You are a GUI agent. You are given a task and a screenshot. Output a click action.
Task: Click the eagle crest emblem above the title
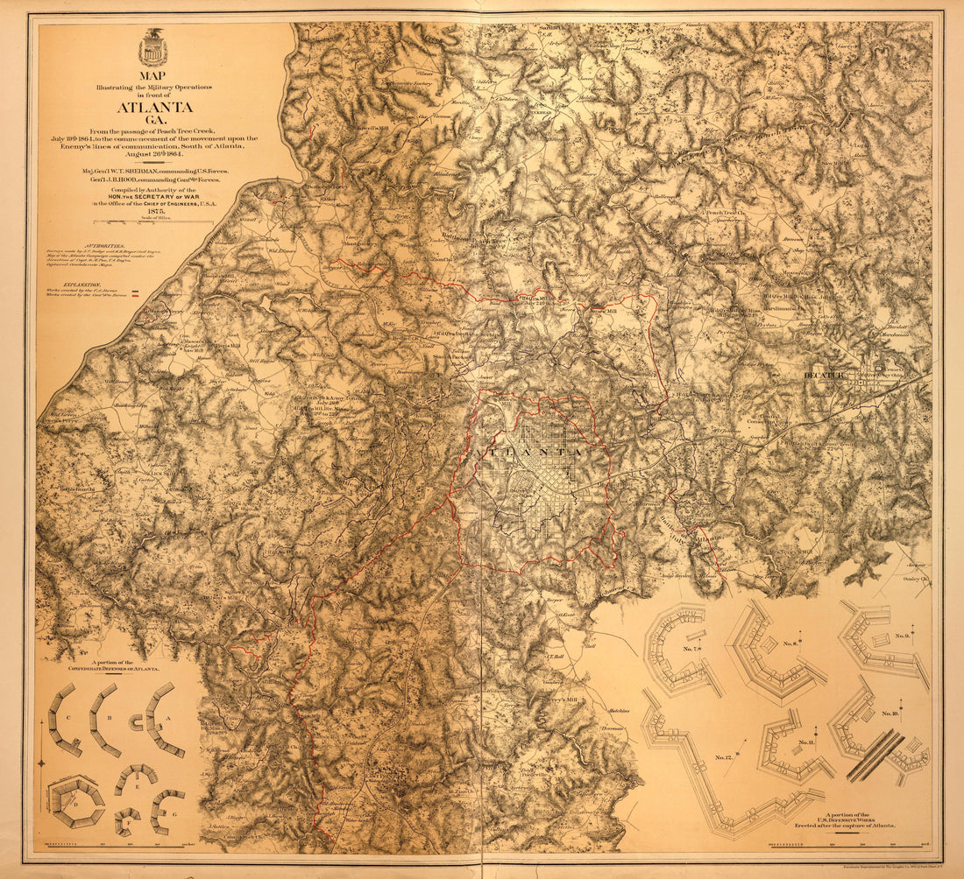pyautogui.click(x=152, y=48)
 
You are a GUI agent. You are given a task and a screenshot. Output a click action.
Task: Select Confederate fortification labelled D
pyautogui.click(x=76, y=800)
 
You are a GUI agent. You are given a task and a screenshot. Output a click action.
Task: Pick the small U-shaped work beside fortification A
pyautogui.click(x=137, y=721)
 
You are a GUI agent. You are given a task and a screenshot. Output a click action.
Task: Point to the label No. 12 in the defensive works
pyautogui.click(x=725, y=756)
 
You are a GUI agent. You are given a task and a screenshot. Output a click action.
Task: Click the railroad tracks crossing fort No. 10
pyautogui.click(x=875, y=755)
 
